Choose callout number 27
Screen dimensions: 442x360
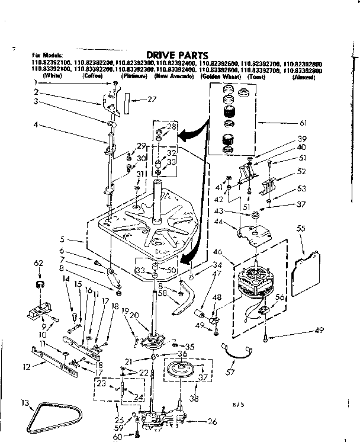pos(152,100)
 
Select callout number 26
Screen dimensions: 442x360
pos(212,422)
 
